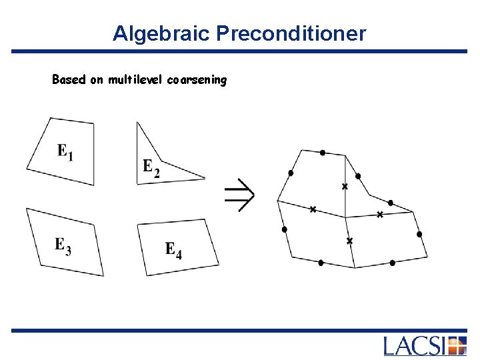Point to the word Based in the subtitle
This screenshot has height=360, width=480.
(69, 80)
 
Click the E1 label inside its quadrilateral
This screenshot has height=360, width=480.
(65, 153)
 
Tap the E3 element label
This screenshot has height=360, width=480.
(63, 245)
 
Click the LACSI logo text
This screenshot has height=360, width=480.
(415, 346)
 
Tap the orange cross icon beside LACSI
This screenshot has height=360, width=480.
(457, 346)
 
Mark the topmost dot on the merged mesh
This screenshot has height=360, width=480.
(323, 153)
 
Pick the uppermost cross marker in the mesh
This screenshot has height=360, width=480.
(345, 187)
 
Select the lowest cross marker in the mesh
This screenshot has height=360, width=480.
(349, 240)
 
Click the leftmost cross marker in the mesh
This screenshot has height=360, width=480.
(313, 209)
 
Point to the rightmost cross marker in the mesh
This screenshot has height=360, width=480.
(379, 215)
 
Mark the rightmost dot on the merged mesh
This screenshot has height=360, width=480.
(419, 234)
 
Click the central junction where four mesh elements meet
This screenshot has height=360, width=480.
(345, 217)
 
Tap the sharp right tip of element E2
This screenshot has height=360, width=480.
(204, 178)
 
